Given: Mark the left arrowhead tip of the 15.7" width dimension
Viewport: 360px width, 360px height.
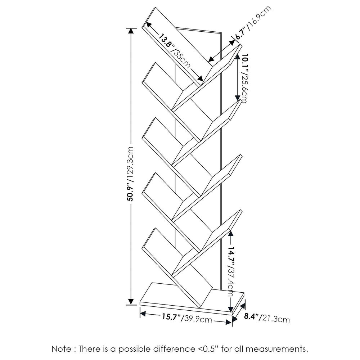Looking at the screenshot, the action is point(140,313).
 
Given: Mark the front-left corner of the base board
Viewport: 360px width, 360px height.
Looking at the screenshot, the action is point(140,305).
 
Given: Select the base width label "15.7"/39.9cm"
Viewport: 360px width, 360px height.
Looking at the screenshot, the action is point(187,318).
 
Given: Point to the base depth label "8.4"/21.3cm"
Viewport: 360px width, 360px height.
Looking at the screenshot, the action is point(266,318).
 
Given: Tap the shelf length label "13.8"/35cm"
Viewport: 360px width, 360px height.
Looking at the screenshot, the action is point(175,51).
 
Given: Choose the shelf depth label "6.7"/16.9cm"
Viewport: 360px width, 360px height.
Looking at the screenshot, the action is point(253,23).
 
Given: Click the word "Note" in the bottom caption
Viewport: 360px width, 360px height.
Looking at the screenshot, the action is point(61,349).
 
